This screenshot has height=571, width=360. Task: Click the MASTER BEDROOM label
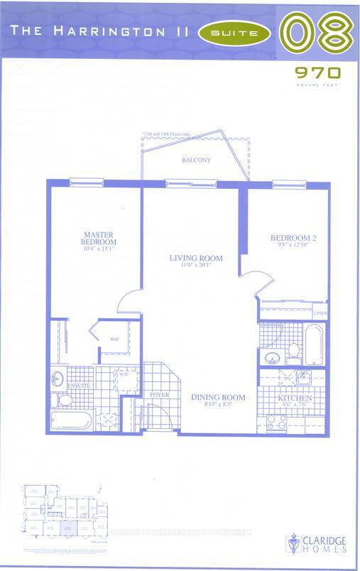pyautogui.click(x=94, y=239)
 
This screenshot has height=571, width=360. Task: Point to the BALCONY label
pyautogui.click(x=195, y=161)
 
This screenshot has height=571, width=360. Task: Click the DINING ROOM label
pyautogui.click(x=218, y=397)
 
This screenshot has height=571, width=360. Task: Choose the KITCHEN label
pyautogui.click(x=295, y=399)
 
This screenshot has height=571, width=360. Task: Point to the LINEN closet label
pyautogui.click(x=320, y=313)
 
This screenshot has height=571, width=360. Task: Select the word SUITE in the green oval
pyautogui.click(x=235, y=32)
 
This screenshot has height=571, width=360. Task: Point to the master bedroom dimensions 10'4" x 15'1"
pyautogui.click(x=94, y=248)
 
